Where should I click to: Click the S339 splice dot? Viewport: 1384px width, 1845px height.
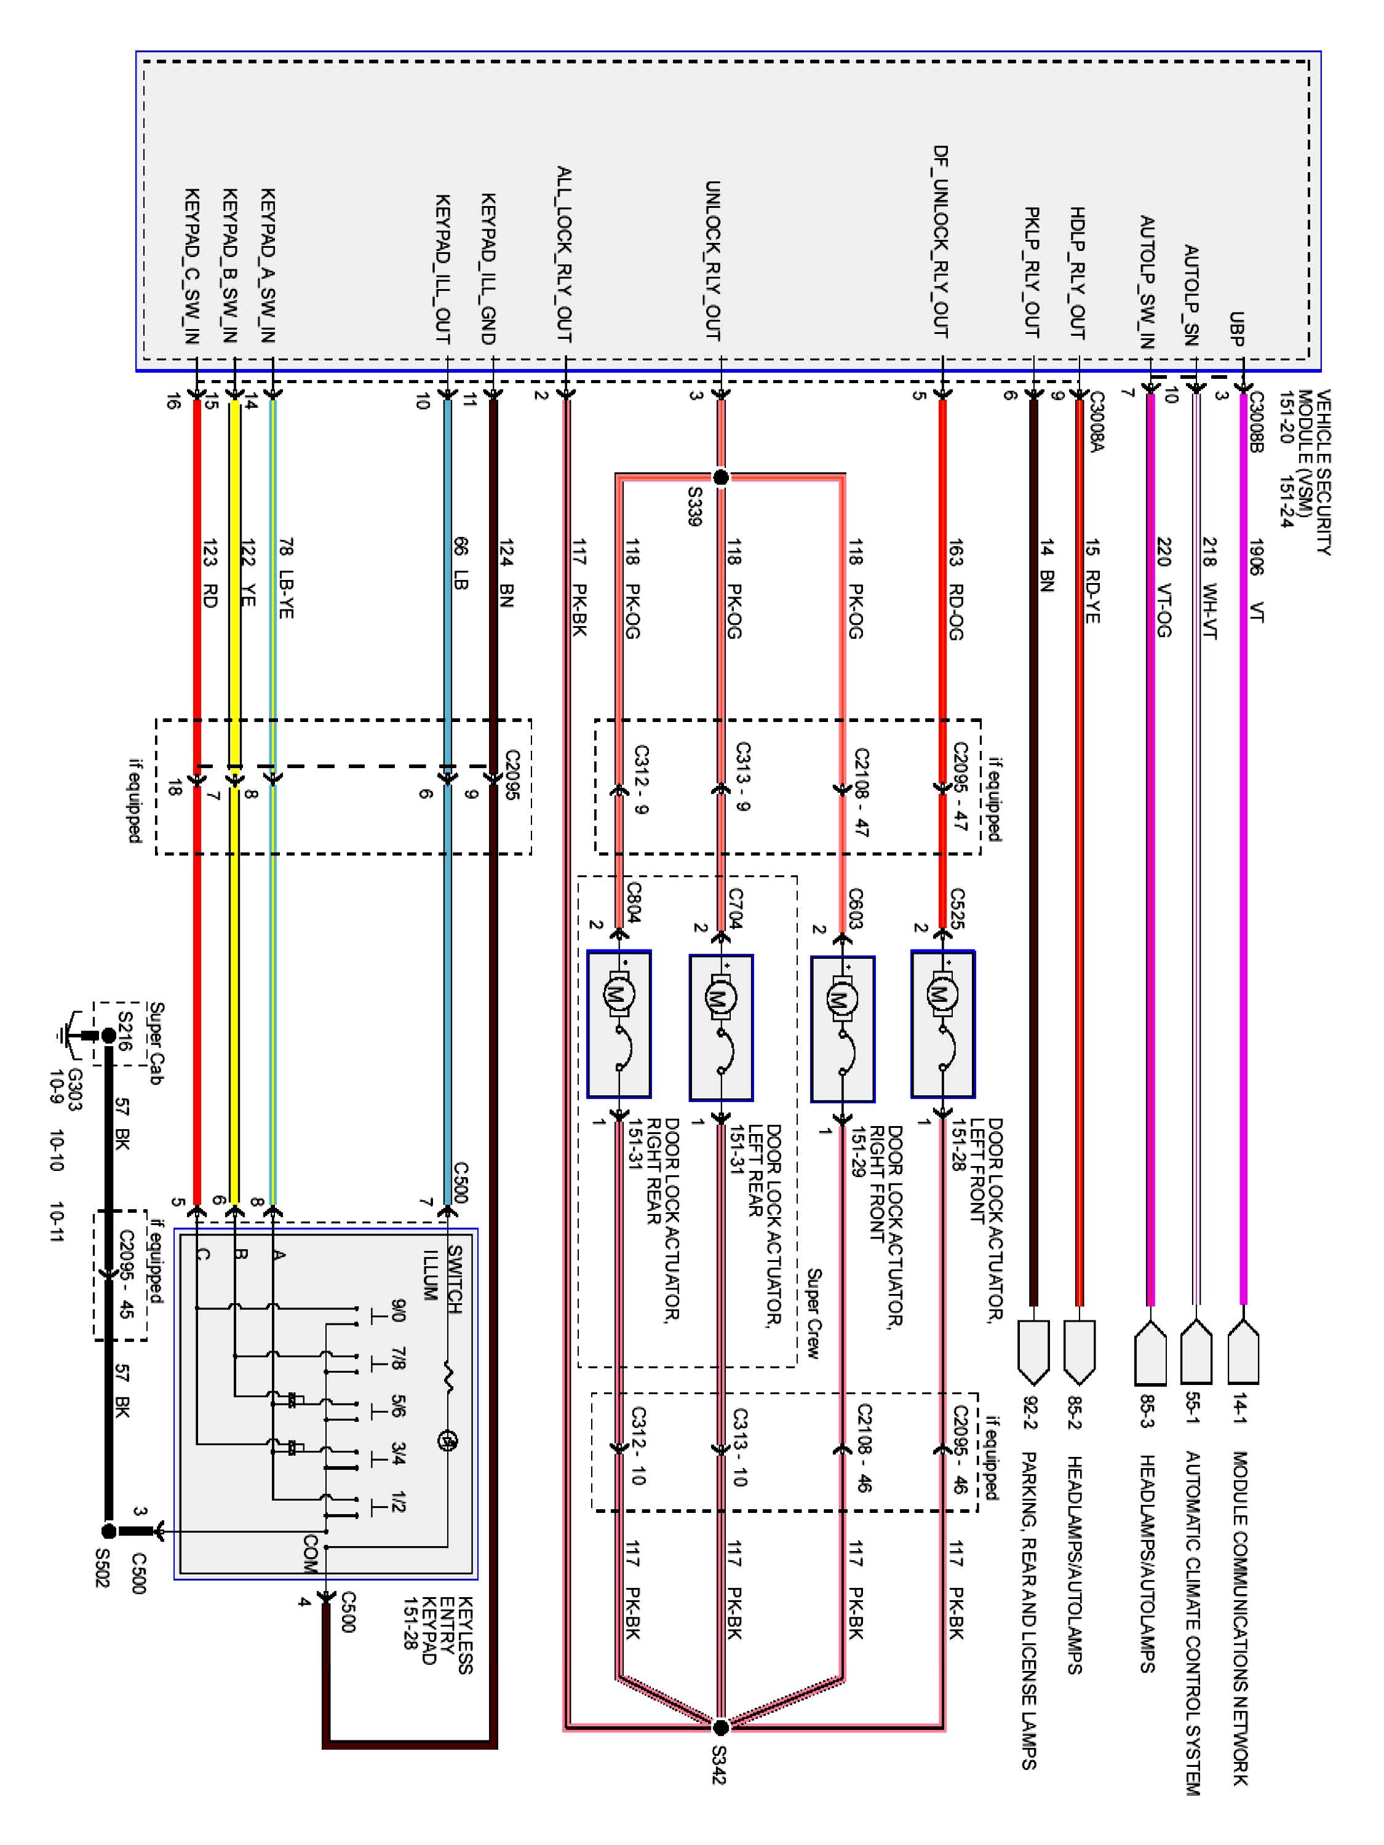point(722,477)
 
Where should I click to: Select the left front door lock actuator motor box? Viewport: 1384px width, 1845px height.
point(943,1024)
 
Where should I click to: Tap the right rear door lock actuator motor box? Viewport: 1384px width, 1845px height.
point(619,1024)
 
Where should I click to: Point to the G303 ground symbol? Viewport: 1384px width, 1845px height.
point(70,1036)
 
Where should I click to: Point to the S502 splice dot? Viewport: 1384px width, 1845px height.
point(108,1531)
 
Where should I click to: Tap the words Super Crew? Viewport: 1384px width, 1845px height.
point(813,1314)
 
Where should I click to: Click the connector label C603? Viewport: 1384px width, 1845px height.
point(856,909)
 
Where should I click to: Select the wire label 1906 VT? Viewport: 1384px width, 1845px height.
point(1256,581)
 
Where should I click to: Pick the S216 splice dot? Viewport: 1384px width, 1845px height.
point(108,1036)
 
